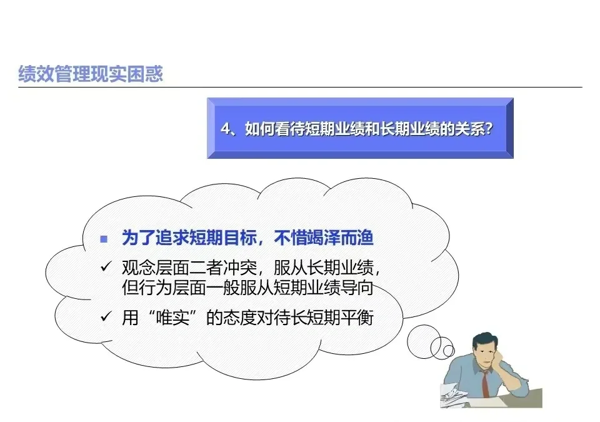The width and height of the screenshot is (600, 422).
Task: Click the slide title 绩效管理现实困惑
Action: (91, 74)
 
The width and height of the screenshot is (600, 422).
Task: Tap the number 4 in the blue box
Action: (226, 128)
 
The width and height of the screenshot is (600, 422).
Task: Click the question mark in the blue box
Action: (490, 128)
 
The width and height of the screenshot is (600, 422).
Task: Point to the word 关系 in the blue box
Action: (469, 128)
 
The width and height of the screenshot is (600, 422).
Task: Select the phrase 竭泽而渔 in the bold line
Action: (351, 239)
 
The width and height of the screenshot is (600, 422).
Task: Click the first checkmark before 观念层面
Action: (104, 268)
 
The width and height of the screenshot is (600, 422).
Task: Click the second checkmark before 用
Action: (104, 318)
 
